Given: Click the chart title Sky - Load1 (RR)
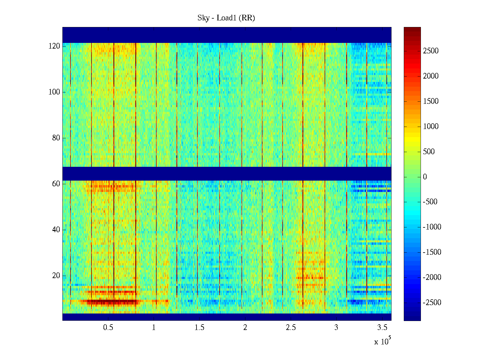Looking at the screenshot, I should [x=226, y=18].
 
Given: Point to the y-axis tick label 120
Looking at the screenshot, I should [x=54, y=46].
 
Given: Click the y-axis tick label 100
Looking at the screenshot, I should [x=54, y=92].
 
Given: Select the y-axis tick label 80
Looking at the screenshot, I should [x=56, y=138].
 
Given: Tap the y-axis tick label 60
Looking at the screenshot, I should [x=56, y=184].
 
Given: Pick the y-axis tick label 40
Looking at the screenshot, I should [x=56, y=230].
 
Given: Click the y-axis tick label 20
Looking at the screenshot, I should [x=56, y=276].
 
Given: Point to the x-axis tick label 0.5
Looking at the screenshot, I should [x=108, y=328].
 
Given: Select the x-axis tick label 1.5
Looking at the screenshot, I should [x=199, y=328].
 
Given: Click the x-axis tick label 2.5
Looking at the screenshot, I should [x=291, y=328].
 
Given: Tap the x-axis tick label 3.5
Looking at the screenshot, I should [x=382, y=328].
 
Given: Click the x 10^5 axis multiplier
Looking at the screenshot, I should [x=382, y=341].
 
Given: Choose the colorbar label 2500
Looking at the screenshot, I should [x=431, y=51].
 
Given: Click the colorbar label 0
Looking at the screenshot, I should [x=425, y=177].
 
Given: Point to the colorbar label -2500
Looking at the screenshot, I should [x=432, y=302].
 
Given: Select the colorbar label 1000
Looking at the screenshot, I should [x=431, y=127].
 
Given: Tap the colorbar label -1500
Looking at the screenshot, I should [x=432, y=252].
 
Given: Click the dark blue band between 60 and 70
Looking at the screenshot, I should [x=227, y=173].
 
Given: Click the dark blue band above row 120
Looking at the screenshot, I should [x=227, y=35].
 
